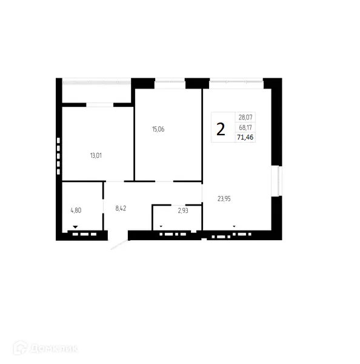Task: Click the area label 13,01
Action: (x=96, y=155)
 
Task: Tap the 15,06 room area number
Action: (x=158, y=129)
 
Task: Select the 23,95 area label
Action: (x=225, y=197)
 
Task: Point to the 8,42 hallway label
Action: (x=121, y=208)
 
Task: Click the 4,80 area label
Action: (x=76, y=211)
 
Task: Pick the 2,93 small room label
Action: (x=182, y=211)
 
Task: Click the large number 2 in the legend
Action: (x=221, y=129)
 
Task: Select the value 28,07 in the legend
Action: (x=245, y=118)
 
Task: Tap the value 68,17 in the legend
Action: (x=245, y=127)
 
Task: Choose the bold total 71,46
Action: (x=245, y=138)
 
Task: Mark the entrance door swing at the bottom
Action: (x=120, y=243)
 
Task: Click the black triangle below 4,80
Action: (x=76, y=226)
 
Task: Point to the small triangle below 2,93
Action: (x=161, y=226)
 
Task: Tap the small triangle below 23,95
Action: (x=234, y=226)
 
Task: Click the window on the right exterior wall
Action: (x=279, y=180)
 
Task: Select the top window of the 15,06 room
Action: (x=170, y=79)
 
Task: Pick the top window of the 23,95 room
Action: (x=236, y=79)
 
